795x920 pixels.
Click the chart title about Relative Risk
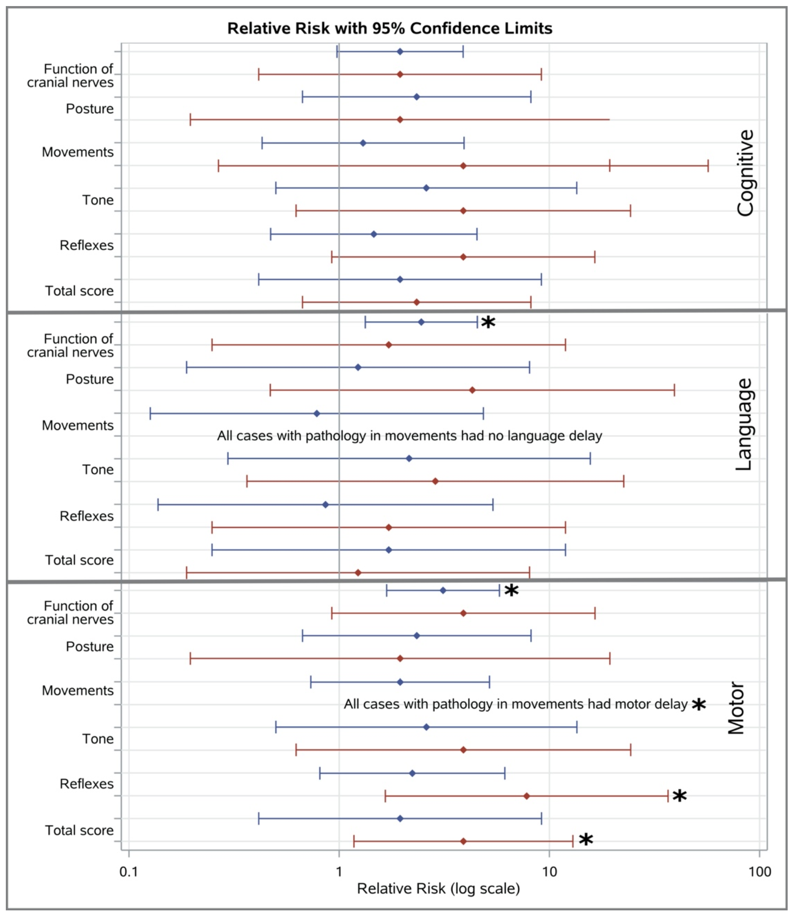pyautogui.click(x=389, y=28)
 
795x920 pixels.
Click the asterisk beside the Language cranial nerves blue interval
pyautogui.click(x=488, y=323)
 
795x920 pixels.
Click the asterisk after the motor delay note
pyautogui.click(x=699, y=705)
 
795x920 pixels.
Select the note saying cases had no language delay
pyautogui.click(x=409, y=436)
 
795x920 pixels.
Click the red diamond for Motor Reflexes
pyautogui.click(x=526, y=796)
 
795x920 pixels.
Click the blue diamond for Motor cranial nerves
pyautogui.click(x=443, y=591)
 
